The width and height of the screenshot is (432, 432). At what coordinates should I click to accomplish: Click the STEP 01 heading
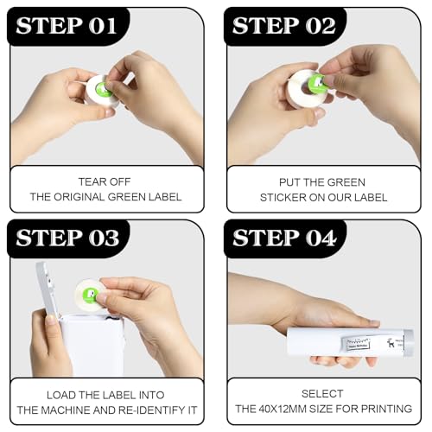pyautogui.click(x=67, y=26)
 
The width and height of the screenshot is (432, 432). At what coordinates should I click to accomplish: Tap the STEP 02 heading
pyautogui.click(x=284, y=26)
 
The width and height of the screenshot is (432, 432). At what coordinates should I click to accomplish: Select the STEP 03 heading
pyautogui.click(x=67, y=238)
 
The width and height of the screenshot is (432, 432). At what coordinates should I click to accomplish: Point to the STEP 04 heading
pyautogui.click(x=284, y=238)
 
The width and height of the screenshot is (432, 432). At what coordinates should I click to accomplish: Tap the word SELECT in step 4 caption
pyautogui.click(x=322, y=394)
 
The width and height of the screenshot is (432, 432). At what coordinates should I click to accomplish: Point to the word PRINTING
pyautogui.click(x=387, y=409)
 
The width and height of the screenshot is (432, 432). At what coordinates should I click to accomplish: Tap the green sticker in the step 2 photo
pyautogui.click(x=317, y=83)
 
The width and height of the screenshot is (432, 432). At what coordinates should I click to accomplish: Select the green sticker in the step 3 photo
pyautogui.click(x=90, y=295)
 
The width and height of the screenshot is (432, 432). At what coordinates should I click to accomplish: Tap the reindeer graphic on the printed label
pyautogui.click(x=391, y=343)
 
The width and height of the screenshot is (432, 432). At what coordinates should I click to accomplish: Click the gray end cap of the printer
pyautogui.click(x=409, y=343)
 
